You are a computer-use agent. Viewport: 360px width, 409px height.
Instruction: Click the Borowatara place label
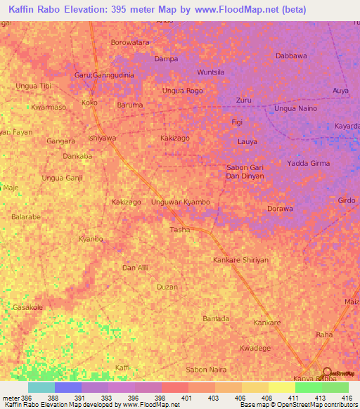click(131, 42)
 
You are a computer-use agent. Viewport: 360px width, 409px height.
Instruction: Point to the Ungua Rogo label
click(182, 91)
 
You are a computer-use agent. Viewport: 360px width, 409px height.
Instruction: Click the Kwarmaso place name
click(49, 108)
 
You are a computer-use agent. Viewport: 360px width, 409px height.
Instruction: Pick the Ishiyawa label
click(102, 138)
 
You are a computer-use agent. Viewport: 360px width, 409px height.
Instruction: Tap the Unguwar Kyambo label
click(181, 202)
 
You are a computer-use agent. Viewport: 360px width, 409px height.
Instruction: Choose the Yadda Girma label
click(309, 163)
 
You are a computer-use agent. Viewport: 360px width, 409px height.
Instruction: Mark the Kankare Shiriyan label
click(240, 260)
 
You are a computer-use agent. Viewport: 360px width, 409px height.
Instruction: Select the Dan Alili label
click(136, 268)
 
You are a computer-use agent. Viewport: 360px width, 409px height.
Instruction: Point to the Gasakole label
click(28, 308)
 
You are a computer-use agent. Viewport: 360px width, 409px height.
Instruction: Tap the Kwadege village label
click(255, 349)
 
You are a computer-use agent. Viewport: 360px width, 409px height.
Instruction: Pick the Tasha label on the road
click(181, 230)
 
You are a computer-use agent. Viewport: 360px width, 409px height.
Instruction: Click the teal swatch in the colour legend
click(41, 387)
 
